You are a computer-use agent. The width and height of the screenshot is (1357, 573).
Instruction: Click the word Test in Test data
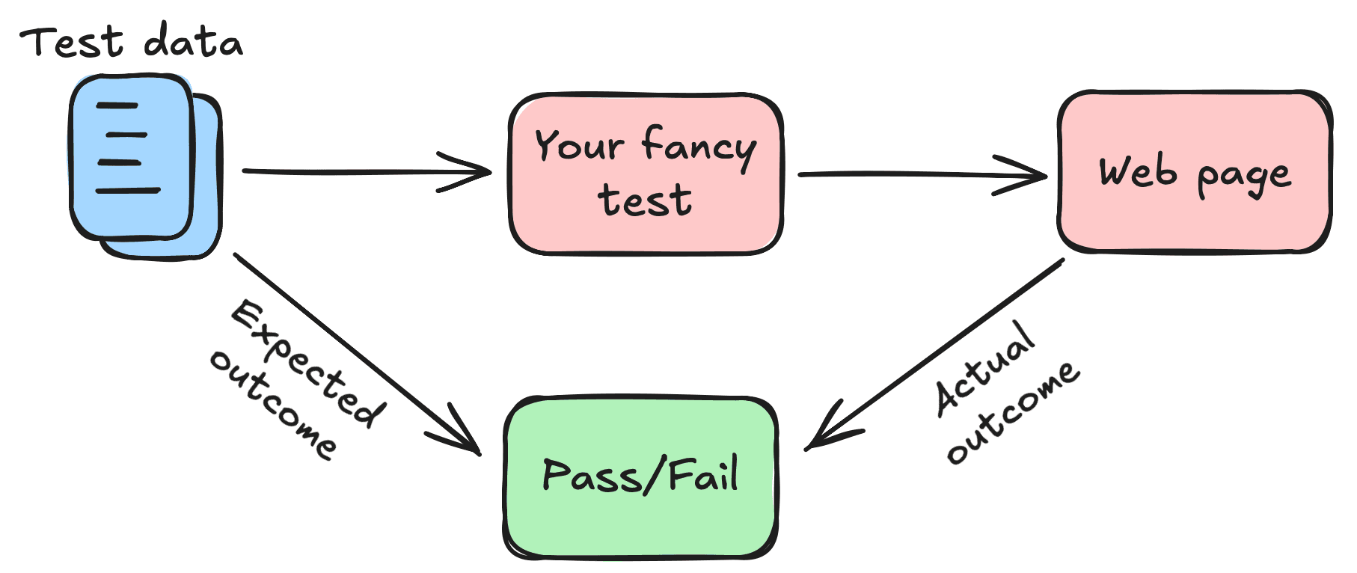71,43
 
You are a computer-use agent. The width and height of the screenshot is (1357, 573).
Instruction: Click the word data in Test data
193,42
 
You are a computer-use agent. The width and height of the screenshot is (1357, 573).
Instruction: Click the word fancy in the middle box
699,147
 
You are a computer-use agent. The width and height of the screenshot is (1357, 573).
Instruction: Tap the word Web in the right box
1137,172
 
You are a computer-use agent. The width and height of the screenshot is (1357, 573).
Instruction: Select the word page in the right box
1243,177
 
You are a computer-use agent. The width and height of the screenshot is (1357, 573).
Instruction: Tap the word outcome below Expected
273,404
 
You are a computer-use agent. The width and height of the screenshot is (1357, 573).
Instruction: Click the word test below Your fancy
645,200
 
